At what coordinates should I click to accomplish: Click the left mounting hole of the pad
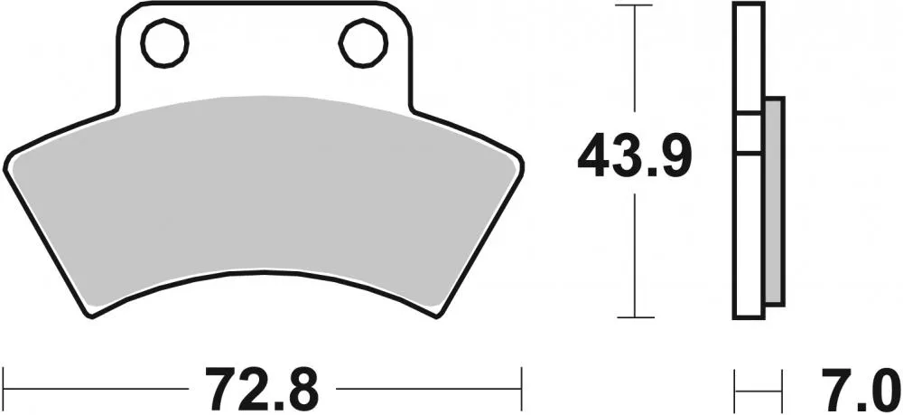(164, 42)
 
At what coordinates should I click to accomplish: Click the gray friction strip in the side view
(774, 201)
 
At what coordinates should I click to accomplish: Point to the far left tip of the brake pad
(7, 155)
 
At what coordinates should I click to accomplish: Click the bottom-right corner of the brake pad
(441, 315)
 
